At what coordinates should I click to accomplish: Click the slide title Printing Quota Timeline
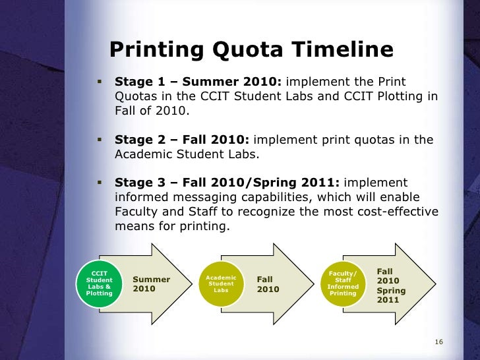[x=251, y=50]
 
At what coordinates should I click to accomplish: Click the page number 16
[x=438, y=342]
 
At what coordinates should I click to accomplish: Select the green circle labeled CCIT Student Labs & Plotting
[x=100, y=284]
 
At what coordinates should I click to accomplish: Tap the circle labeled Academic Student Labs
[x=221, y=284]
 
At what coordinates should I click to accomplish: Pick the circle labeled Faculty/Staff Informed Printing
[x=343, y=284]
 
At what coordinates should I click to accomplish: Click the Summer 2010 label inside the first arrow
[x=152, y=284]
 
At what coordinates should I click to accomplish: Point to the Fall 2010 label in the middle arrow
[x=268, y=284]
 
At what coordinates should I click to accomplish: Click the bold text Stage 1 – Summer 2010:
[x=198, y=82]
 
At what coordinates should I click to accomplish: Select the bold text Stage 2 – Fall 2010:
[x=183, y=140]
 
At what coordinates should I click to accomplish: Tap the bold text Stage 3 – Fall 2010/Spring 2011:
[x=227, y=183]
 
